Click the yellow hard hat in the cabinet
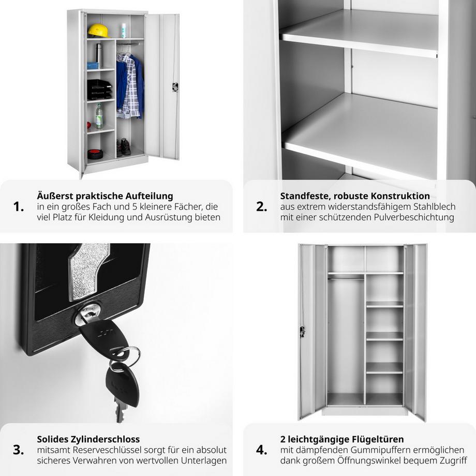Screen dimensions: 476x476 [98, 31]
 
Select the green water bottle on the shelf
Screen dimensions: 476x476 [99, 116]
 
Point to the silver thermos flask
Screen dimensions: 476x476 [99, 56]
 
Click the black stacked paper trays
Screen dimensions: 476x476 [99, 90]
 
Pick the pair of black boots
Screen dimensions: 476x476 [124, 147]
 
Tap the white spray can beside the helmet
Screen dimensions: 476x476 [124, 31]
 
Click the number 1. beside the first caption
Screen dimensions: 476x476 [19, 207]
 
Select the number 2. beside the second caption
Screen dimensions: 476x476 [262, 207]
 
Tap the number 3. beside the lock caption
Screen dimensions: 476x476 [19, 450]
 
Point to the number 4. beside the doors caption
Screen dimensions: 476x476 [262, 450]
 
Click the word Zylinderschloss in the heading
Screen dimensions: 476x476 [106, 440]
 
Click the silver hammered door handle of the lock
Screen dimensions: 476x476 [88, 271]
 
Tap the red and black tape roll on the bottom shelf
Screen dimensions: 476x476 [95, 154]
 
